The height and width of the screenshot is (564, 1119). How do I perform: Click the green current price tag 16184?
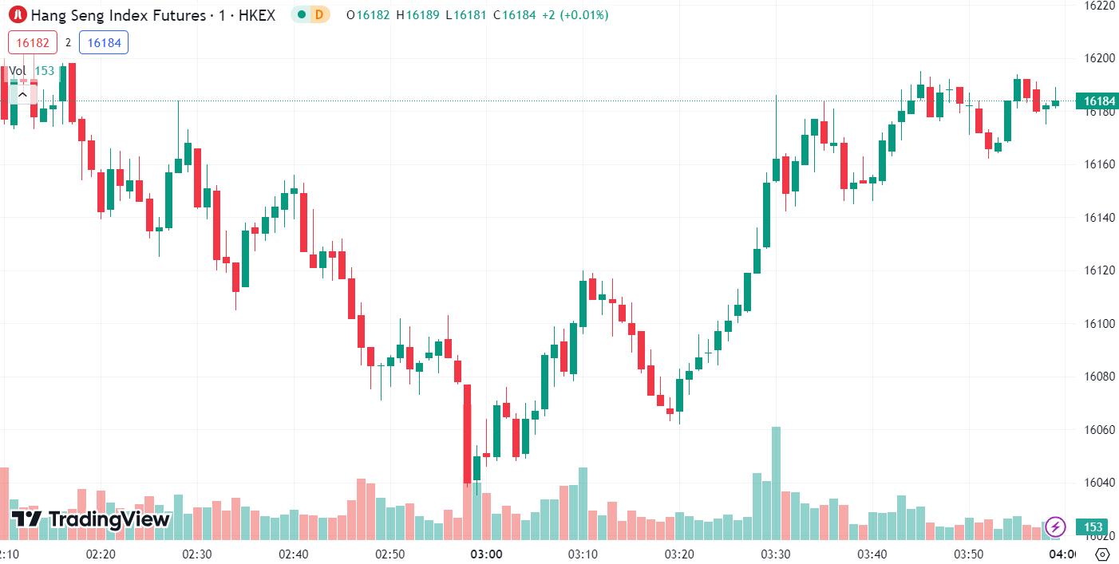(1096, 101)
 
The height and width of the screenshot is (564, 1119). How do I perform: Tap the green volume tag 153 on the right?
(1093, 527)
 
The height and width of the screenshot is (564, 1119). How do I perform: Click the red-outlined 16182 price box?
(33, 43)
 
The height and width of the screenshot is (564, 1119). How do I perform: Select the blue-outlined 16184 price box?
(104, 43)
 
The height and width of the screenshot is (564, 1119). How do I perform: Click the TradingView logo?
(92, 519)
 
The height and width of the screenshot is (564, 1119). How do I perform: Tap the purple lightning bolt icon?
(1056, 527)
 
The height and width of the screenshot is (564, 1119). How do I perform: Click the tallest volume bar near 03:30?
(776, 479)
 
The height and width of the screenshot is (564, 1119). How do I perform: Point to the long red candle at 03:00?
(467, 435)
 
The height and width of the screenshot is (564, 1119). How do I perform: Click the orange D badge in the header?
(319, 14)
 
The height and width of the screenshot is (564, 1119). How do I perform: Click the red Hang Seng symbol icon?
(16, 14)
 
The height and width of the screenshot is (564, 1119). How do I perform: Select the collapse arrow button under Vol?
(22, 95)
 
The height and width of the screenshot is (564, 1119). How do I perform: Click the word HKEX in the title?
(257, 14)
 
